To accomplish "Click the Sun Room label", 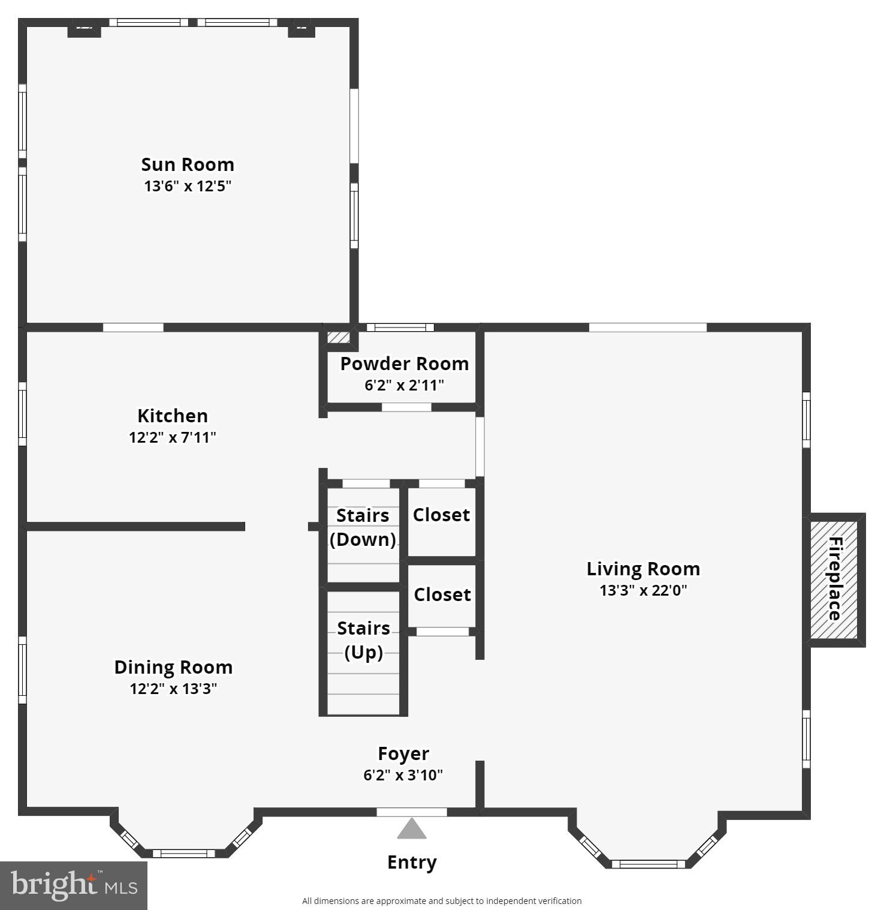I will pos(188,164).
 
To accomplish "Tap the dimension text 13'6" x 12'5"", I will pos(188,186).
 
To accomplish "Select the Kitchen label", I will pos(173,416).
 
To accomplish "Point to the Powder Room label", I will pos(405,364).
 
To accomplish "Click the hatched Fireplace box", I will pos(834,579).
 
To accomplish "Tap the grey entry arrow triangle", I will pos(412,829).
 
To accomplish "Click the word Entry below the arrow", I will pos(412,862).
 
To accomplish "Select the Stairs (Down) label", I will pos(363,527).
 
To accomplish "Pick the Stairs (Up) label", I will pos(364,640).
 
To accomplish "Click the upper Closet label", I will pos(441,515).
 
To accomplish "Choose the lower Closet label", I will pos(442,594).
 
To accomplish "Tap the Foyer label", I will pos(403,753).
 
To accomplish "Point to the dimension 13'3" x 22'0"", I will pos(643,590).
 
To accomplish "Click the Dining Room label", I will pos(173,667).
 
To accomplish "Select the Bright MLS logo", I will pos(74,885).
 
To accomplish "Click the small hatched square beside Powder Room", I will pos(338,337).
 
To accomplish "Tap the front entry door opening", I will pos(412,812).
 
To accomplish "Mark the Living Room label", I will pos(643,569).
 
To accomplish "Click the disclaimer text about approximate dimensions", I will pos(442,900).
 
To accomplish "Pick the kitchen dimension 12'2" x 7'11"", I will pos(173,437).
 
